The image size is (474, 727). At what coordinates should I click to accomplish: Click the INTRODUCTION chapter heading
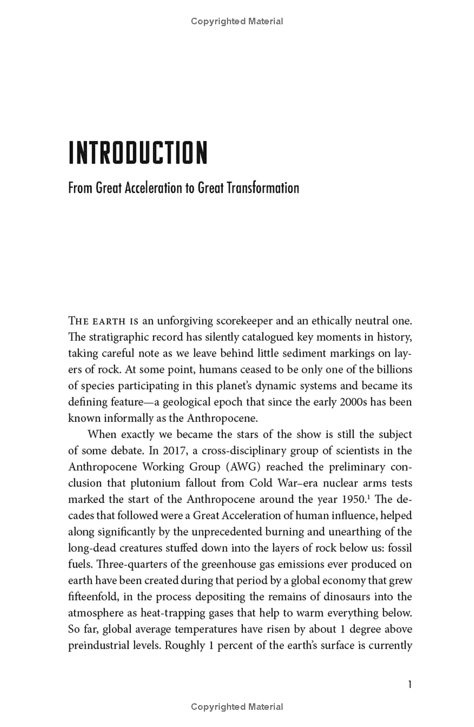tap(138, 153)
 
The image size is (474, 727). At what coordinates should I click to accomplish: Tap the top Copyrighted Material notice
tap(237, 21)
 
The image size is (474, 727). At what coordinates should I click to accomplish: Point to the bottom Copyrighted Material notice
tap(237, 706)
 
